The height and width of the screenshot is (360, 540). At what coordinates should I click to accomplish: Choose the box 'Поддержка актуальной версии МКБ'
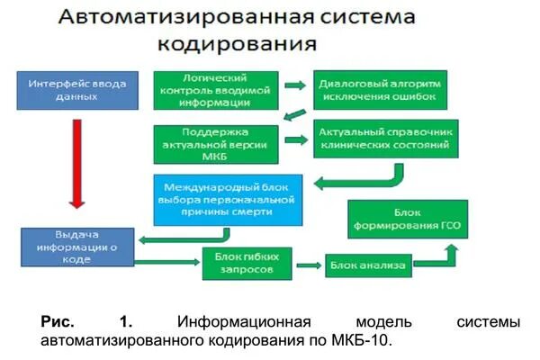[x=214, y=141]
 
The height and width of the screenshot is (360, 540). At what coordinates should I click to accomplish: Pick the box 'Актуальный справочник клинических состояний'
[x=384, y=140]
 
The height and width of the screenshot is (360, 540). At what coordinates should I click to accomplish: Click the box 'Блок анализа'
[x=369, y=265]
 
